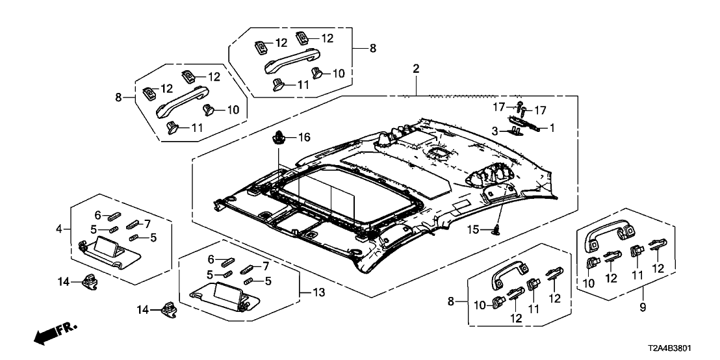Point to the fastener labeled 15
(x=497, y=229)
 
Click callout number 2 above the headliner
(x=417, y=68)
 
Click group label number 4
(x=59, y=229)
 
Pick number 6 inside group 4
(x=97, y=215)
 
